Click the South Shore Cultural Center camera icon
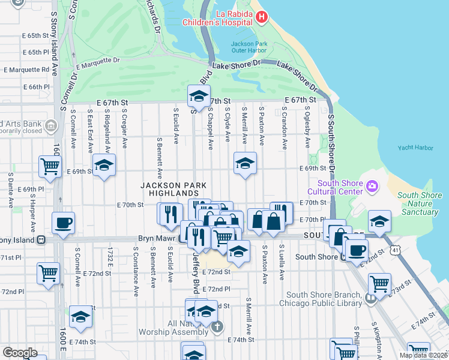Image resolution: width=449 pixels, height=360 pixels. coord(372,187)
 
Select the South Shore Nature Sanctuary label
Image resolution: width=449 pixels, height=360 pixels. coord(420,203)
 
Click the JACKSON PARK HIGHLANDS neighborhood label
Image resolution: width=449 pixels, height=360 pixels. coord(169,189)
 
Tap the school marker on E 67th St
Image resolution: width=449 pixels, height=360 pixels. coord(199,96)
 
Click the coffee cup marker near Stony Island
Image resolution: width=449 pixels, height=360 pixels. coord(64,223)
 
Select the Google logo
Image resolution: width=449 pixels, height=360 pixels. coord(20,353)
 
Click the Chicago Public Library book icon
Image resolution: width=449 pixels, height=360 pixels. coord(370,298)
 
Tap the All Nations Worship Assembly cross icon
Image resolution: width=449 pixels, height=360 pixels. coord(217,328)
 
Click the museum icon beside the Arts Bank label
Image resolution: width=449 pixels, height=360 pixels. coord(50,126)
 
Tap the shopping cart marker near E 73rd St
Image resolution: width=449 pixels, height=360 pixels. coord(379,284)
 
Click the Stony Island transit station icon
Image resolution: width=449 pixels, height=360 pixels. coord(41,240)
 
